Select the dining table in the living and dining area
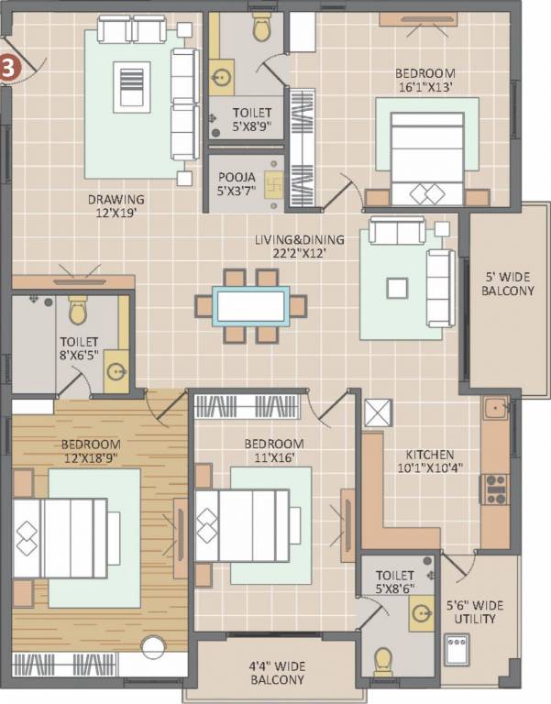251,306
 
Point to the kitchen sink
496,408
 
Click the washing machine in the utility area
457,649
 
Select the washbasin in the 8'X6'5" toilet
116,371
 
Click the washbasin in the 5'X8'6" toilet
422,613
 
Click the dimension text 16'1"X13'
424,87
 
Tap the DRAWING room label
116,199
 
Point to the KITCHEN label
430,454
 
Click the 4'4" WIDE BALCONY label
277,673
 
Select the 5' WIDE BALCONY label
508,283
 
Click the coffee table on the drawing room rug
132,87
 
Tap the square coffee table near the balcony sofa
397,288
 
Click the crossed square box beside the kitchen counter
378,413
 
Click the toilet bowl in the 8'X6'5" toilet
78,309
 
